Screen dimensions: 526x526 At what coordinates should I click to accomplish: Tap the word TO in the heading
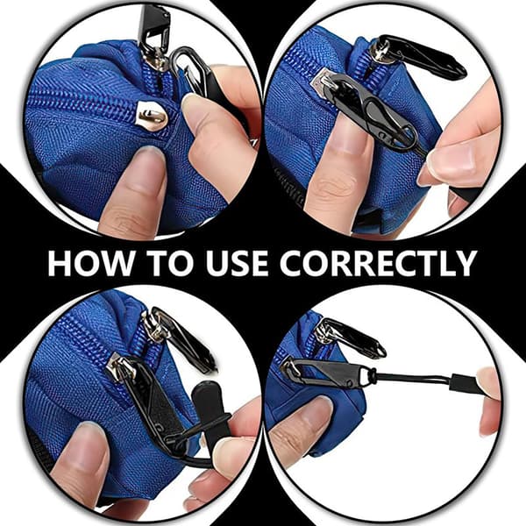[x=172, y=263]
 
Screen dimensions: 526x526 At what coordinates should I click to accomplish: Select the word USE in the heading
[x=238, y=263]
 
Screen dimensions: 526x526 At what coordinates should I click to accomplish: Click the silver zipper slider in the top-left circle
[x=152, y=116]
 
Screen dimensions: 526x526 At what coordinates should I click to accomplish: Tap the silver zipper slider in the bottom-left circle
[x=121, y=367]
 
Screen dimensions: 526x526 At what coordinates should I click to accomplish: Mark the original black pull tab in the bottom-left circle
[x=184, y=338]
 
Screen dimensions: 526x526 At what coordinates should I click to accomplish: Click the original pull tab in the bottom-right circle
[x=352, y=338]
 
